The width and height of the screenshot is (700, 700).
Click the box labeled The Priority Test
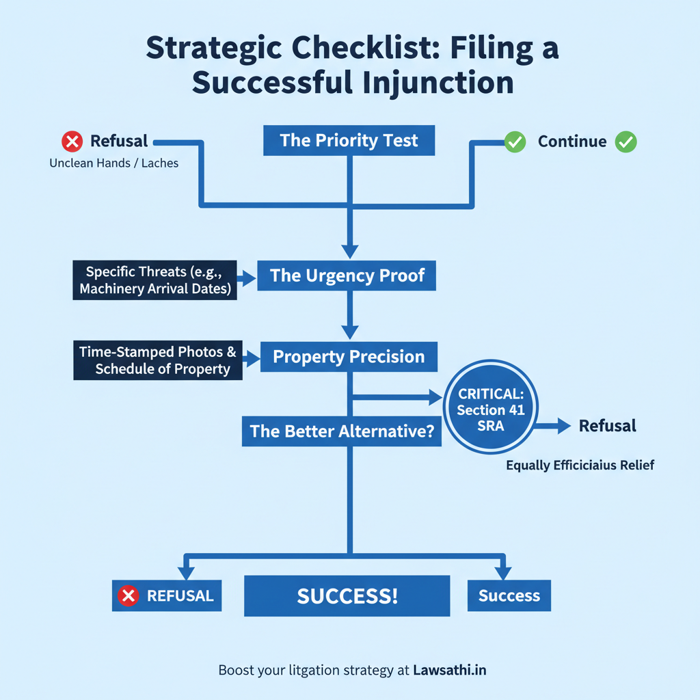coord(349,141)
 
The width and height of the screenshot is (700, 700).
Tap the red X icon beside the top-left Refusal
coord(72,142)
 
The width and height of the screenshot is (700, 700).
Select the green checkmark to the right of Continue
coord(625,142)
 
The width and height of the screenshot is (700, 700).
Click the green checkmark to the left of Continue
coord(515,142)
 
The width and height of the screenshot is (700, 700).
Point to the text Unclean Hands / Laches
coord(114,164)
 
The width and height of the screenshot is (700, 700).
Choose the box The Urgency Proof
coord(347,275)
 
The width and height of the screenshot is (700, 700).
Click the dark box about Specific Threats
coord(154,280)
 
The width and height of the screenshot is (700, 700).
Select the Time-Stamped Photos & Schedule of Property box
coord(157,361)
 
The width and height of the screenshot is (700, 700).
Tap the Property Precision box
coord(349,356)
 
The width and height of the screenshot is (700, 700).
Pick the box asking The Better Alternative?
coord(341,431)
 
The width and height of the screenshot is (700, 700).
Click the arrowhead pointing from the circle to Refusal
coord(563,427)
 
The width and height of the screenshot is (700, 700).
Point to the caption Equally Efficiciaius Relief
coord(580,466)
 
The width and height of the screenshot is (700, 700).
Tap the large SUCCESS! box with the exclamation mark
coord(347,595)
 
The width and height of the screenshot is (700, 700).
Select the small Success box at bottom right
coord(509,595)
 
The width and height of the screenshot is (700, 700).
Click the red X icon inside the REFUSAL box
coord(128,596)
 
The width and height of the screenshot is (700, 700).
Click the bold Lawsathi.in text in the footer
coord(449,670)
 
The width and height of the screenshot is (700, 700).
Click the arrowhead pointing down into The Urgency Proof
coord(349,251)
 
